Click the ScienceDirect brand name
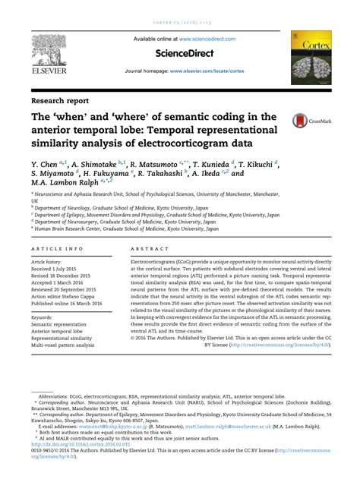coord(179,54)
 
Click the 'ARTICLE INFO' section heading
coord(58,248)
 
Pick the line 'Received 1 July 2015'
coord(60,267)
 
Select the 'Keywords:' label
coord(45,317)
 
